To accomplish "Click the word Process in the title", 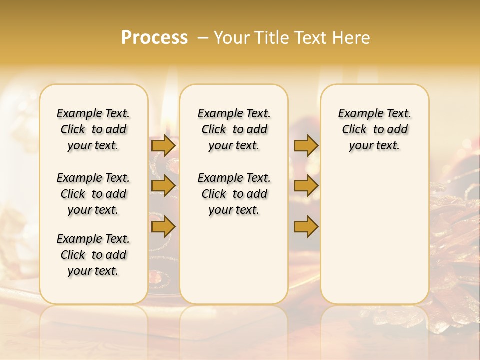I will [154, 38].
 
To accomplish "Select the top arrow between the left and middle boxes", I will [163, 145].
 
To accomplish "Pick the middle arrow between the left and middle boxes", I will [163, 186].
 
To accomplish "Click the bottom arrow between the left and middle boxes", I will [163, 226].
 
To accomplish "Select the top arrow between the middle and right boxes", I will [306, 145].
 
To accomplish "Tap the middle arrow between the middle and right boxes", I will [306, 186].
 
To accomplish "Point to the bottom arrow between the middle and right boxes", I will [306, 226].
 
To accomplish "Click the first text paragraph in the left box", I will [93, 129].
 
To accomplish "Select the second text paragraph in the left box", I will [93, 194].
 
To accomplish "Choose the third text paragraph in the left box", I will [93, 255].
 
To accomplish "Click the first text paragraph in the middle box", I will [234, 129].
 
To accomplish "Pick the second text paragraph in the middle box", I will [234, 194].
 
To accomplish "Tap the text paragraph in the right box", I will [375, 129].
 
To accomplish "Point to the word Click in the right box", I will [354, 130].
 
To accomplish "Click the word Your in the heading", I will [230, 38].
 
